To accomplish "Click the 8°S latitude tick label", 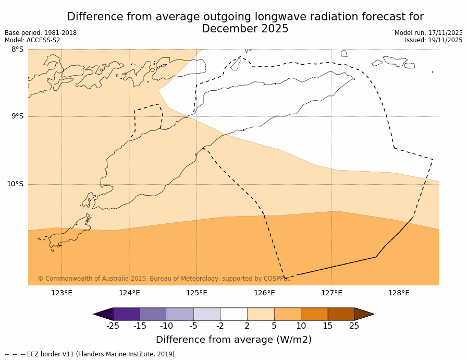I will pyautogui.click(x=17, y=50).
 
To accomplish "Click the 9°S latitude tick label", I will pyautogui.click(x=17, y=116).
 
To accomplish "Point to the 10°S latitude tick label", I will pyautogui.click(x=15, y=184).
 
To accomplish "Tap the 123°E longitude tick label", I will pyautogui.click(x=62, y=293).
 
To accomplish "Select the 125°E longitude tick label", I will pyautogui.click(x=196, y=293).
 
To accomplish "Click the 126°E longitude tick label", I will pyautogui.click(x=264, y=293).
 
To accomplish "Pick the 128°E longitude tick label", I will pyautogui.click(x=399, y=293).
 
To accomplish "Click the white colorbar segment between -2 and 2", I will pyautogui.click(x=233, y=314).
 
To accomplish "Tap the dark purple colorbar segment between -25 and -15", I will pyautogui.click(x=126, y=314).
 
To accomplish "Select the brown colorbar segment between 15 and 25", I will pyautogui.click(x=341, y=314).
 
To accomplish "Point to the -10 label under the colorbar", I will pyautogui.click(x=166, y=326).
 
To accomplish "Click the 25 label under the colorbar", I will pyautogui.click(x=354, y=326).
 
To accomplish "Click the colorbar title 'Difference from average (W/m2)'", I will pyautogui.click(x=233, y=340).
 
